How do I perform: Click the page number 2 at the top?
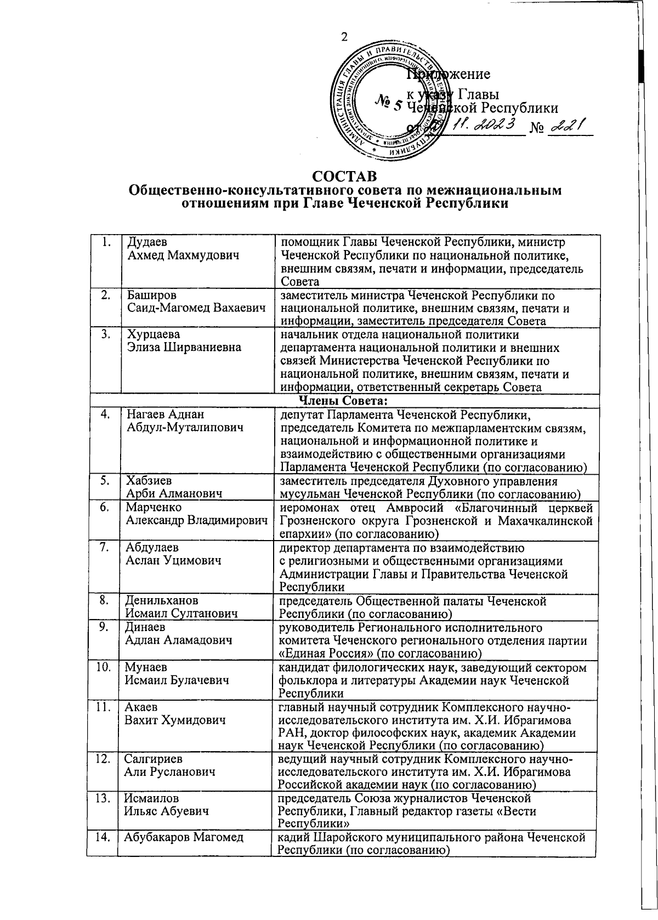coord(344,37)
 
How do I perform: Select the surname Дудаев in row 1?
coord(147,242)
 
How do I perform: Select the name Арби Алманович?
coord(174,494)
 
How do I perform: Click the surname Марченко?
coord(154,508)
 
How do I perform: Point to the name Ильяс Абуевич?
coord(167,811)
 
